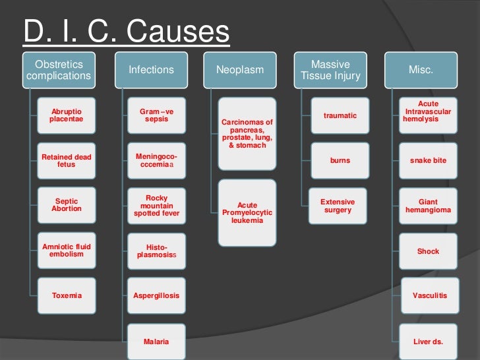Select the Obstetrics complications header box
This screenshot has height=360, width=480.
(x=59, y=70)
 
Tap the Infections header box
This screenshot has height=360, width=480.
(x=151, y=70)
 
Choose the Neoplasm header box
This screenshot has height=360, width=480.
(x=240, y=70)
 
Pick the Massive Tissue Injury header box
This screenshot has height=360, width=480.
(x=330, y=70)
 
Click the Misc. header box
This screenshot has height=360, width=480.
(x=421, y=70)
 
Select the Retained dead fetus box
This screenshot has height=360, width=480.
(x=67, y=160)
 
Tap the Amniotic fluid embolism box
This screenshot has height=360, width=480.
(x=67, y=251)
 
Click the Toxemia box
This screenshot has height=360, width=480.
(x=67, y=295)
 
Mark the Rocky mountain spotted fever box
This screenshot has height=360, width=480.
(x=157, y=205)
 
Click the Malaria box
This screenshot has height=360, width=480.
(x=157, y=342)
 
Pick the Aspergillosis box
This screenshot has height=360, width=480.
(x=157, y=295)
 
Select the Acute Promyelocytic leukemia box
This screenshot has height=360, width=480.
(x=247, y=212)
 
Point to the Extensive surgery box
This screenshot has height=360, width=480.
(x=338, y=205)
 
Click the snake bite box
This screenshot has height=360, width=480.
(x=428, y=160)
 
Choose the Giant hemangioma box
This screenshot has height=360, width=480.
(x=428, y=205)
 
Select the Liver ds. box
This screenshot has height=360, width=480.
(x=428, y=342)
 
